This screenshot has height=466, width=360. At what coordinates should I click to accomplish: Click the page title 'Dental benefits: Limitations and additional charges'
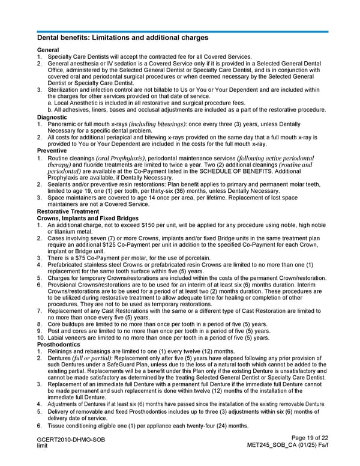pos(122,37)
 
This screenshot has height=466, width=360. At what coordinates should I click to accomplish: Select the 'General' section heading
pos(48,50)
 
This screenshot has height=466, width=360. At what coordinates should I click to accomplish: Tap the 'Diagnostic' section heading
pos(52,117)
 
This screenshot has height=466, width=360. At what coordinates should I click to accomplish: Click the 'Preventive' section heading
pos(52,151)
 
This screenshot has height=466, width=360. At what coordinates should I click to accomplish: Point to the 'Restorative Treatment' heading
pos(69,212)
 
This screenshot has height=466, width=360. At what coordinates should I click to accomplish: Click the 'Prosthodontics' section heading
pos(59,345)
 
